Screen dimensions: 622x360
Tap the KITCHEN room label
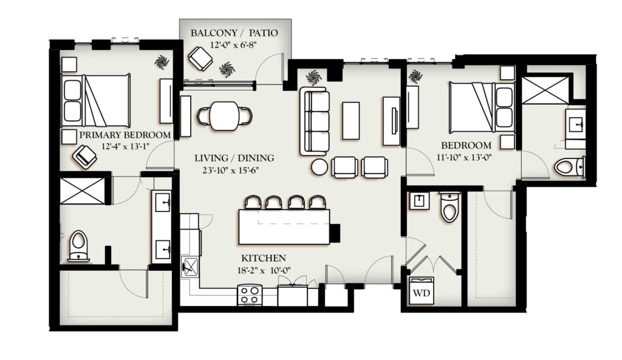pyautogui.click(x=264, y=259)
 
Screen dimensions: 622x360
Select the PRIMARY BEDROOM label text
pyautogui.click(x=125, y=135)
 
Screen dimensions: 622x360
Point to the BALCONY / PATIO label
pyautogui.click(x=234, y=33)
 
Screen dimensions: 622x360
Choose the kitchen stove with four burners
pyautogui.click(x=250, y=296)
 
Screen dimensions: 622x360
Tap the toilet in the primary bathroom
pyautogui.click(x=78, y=246)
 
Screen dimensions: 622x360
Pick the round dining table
pyautogui.click(x=225, y=116)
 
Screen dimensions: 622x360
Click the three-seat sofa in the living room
pyautogui.click(x=315, y=121)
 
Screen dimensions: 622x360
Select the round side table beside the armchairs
pyautogui.click(x=320, y=167)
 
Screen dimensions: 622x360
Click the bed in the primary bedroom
pyautogui.click(x=96, y=100)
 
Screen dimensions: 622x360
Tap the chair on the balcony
pyautogui.click(x=200, y=58)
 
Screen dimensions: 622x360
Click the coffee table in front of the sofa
pyautogui.click(x=351, y=121)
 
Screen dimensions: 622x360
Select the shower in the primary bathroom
pyautogui.click(x=83, y=191)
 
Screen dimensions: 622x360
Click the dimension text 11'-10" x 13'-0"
pyautogui.click(x=464, y=157)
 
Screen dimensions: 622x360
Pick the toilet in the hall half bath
pyautogui.click(x=450, y=206)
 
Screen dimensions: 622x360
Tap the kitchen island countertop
pyautogui.click(x=284, y=227)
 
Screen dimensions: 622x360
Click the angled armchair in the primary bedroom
pyautogui.click(x=85, y=157)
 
